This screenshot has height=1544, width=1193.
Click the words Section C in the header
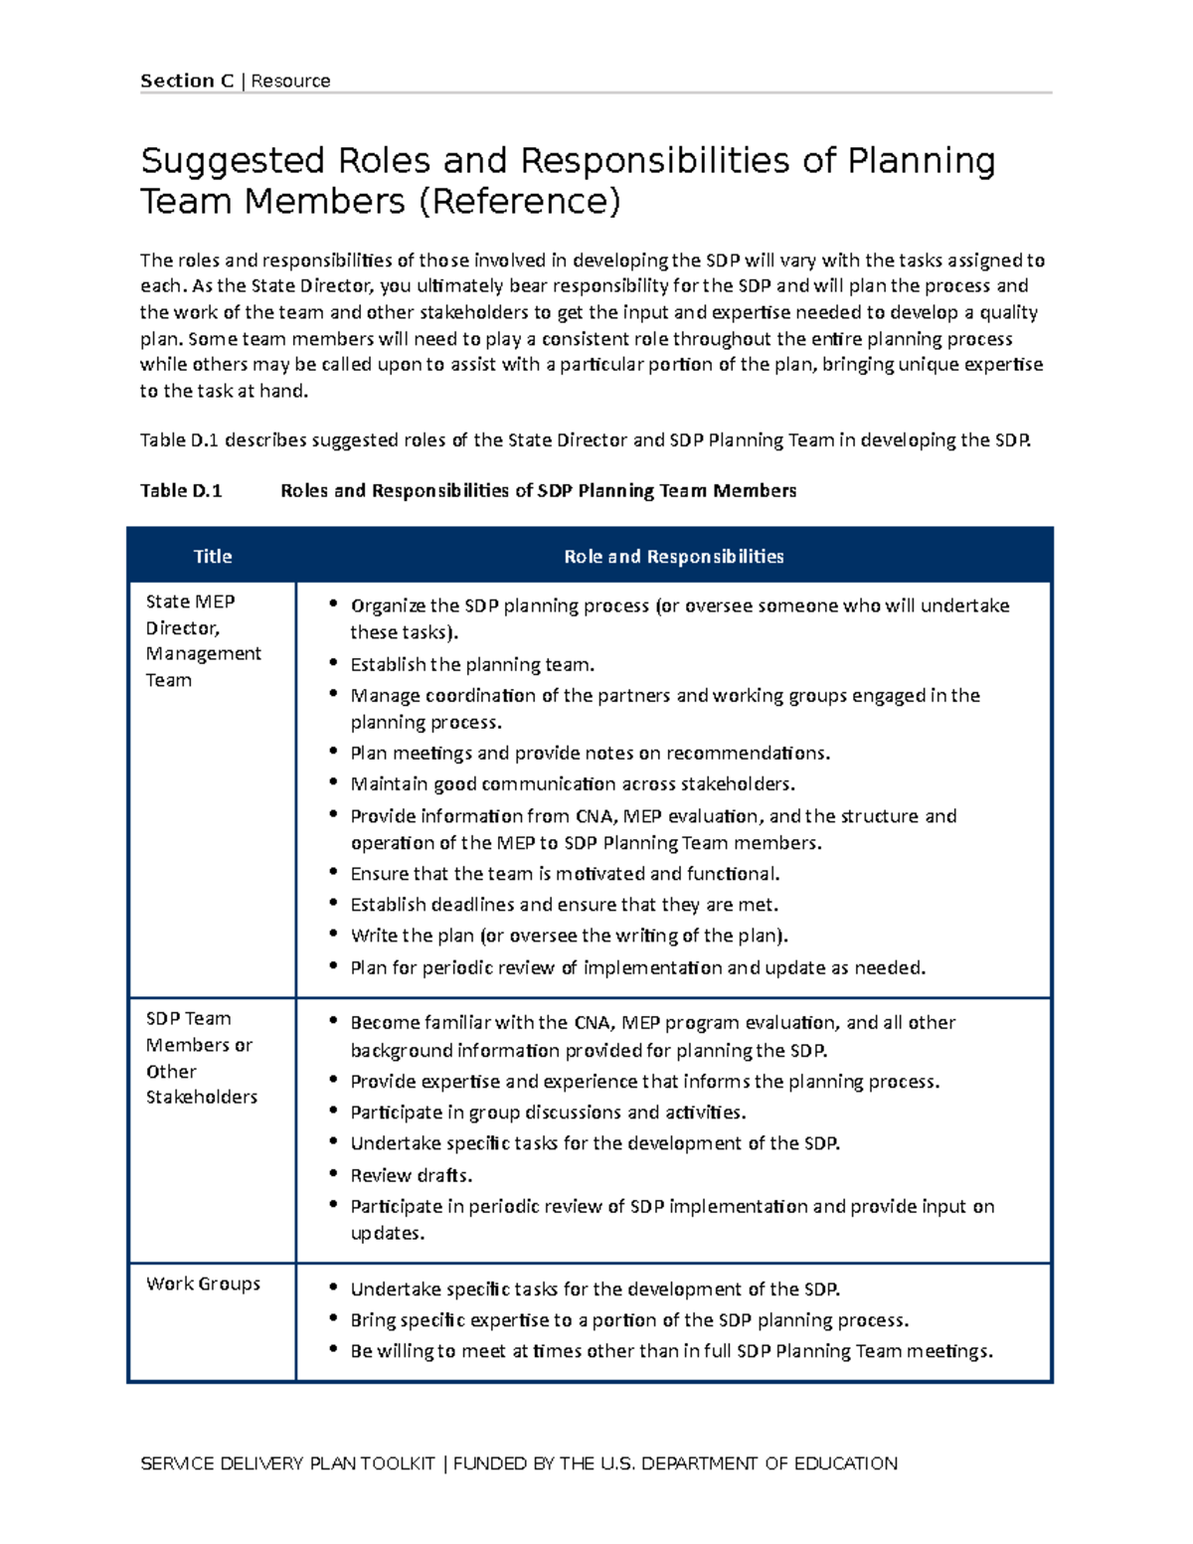pos(187,82)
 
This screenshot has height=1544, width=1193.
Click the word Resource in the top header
pos(290,82)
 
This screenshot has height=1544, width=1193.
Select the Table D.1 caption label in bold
pos(181,490)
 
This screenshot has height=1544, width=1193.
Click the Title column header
pos(212,557)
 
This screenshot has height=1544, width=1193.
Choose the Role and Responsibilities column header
pos(673,557)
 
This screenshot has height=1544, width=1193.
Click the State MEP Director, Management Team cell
pos(203,640)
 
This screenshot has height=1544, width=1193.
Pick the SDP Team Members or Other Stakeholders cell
pos(201,1058)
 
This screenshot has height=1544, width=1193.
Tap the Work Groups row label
pos(203,1284)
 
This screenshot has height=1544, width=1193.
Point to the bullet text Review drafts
pos(411,1175)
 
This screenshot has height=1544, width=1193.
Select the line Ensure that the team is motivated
pos(565,874)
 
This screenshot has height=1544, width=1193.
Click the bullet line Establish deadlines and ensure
pos(564,905)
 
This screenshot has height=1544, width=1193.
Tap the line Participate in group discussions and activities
pos(548,1113)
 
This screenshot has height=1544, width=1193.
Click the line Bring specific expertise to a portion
pos(629,1320)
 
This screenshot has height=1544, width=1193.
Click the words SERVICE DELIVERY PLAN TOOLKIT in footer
pos(288,1463)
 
